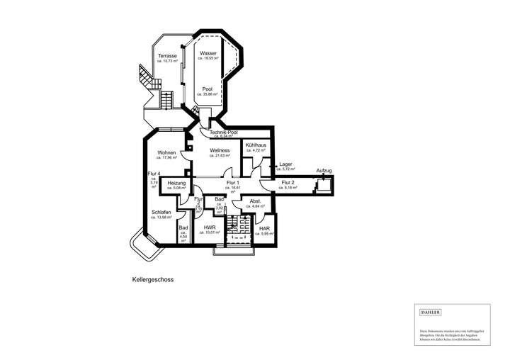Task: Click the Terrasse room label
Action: point(167,55)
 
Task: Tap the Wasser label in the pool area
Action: point(208,54)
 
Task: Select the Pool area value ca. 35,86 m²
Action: point(208,94)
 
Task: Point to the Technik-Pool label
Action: point(224,132)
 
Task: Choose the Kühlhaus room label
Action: point(255,145)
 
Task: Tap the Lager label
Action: point(286,164)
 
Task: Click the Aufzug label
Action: point(324,171)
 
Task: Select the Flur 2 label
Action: point(288,183)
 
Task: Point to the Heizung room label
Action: point(176,183)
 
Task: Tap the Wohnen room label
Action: point(167,152)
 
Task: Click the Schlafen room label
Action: point(161,212)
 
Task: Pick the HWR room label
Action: point(210,227)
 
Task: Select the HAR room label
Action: point(264,228)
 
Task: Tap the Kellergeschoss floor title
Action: point(152,279)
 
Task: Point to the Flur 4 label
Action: point(154,174)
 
